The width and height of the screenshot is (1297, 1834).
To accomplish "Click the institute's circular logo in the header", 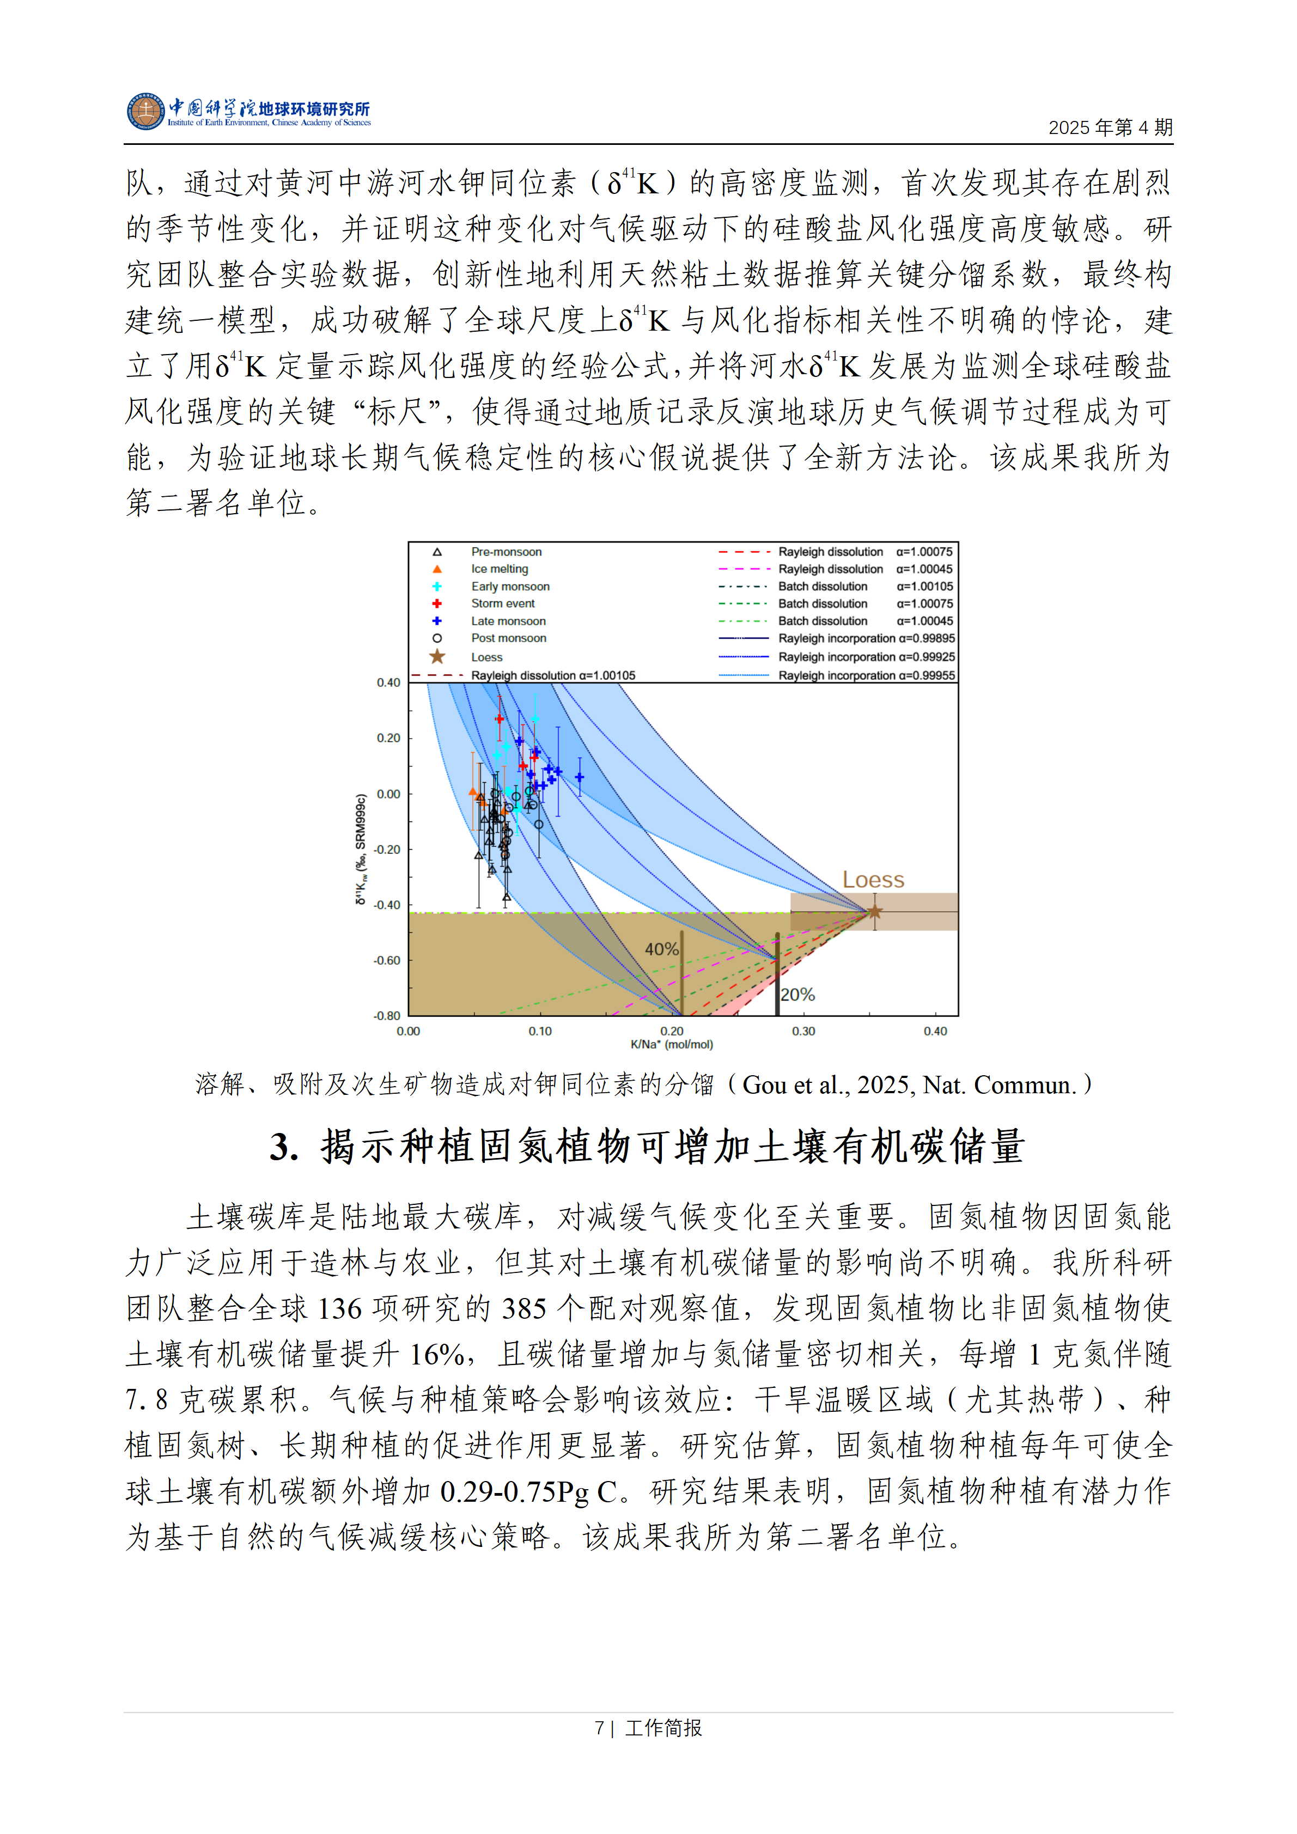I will click(x=145, y=112).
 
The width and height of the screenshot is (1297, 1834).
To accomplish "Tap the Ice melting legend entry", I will click(x=499, y=569).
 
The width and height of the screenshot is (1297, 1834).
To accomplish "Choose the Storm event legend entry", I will click(x=502, y=604).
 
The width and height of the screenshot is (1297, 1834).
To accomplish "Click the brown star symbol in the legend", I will click(x=437, y=656).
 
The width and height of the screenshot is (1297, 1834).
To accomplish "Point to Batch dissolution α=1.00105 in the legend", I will click(x=865, y=586).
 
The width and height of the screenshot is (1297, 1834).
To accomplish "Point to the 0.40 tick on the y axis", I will click(x=389, y=683).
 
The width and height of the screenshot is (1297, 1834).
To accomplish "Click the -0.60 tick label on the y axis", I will click(x=387, y=960).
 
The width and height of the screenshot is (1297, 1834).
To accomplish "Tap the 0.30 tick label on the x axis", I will click(x=803, y=1031).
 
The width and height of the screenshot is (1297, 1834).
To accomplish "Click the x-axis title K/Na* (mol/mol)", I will click(x=672, y=1044).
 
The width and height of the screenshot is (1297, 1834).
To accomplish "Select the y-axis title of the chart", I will click(x=361, y=849).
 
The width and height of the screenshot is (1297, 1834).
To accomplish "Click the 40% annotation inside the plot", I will click(x=661, y=949).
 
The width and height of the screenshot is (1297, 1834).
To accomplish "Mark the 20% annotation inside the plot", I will click(x=797, y=995).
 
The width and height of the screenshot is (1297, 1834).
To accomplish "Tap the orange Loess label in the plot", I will click(x=873, y=880).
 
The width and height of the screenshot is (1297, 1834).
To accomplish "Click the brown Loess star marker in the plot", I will click(x=874, y=911).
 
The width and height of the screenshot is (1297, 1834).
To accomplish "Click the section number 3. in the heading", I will click(x=284, y=1147).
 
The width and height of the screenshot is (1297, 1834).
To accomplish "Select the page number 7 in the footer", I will click(x=599, y=1728).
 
